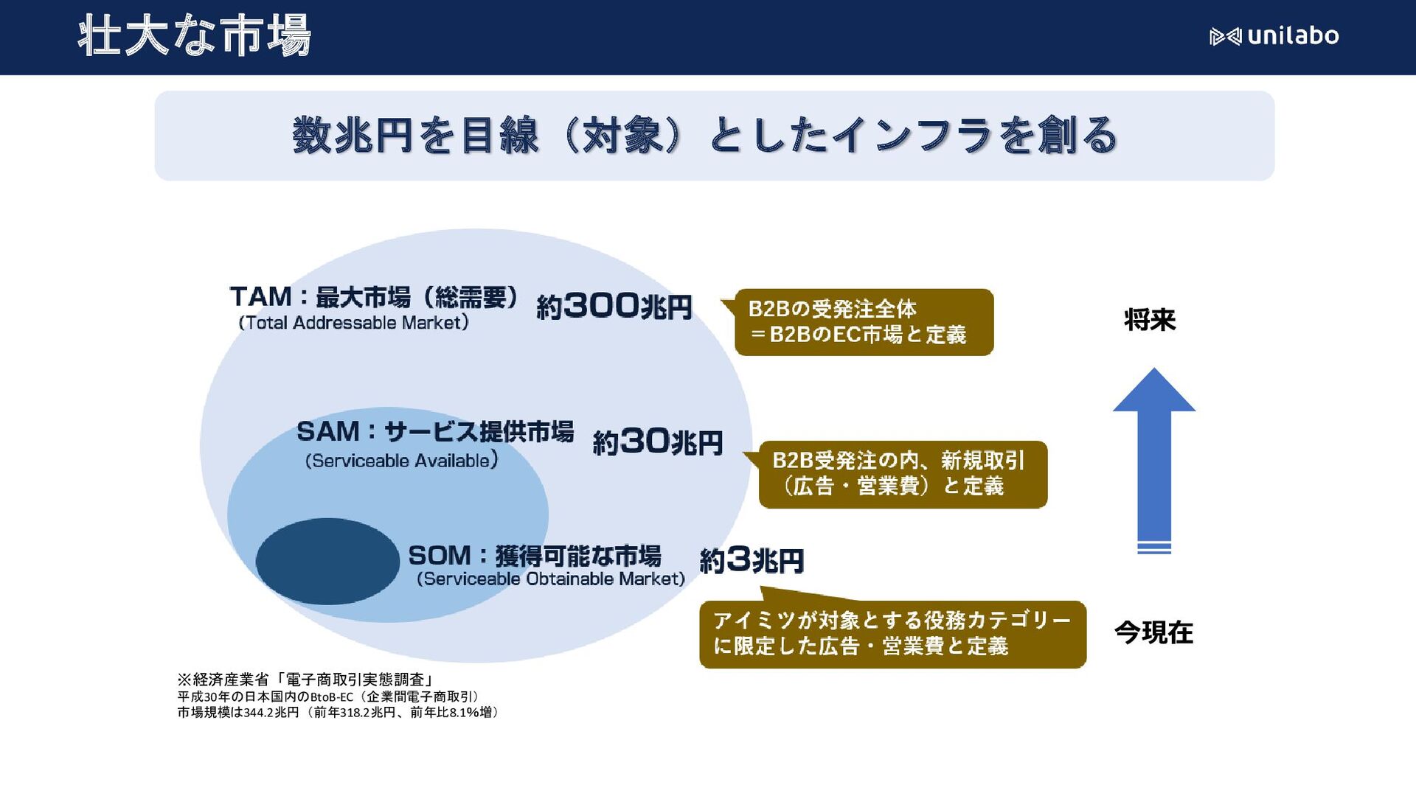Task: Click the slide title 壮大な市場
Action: [x=194, y=36]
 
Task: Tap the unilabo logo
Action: [x=1274, y=36]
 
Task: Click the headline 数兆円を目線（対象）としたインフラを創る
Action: [x=704, y=136]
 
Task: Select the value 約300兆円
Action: [x=614, y=307]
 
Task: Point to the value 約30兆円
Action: [x=657, y=442]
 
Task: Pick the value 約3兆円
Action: [x=751, y=561]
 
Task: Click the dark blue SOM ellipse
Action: [x=327, y=562]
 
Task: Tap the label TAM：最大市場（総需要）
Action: [x=373, y=297]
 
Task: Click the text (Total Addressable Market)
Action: [x=353, y=323]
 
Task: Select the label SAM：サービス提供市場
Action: [x=434, y=432]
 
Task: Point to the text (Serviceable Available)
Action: [x=401, y=461]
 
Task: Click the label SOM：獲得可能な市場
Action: [x=534, y=556]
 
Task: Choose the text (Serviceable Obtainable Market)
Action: [x=550, y=579]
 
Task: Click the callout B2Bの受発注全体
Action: [x=864, y=322]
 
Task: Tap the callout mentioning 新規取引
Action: [x=903, y=474]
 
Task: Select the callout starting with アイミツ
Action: [x=892, y=634]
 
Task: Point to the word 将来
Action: [x=1150, y=320]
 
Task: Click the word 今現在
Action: [x=1153, y=632]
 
